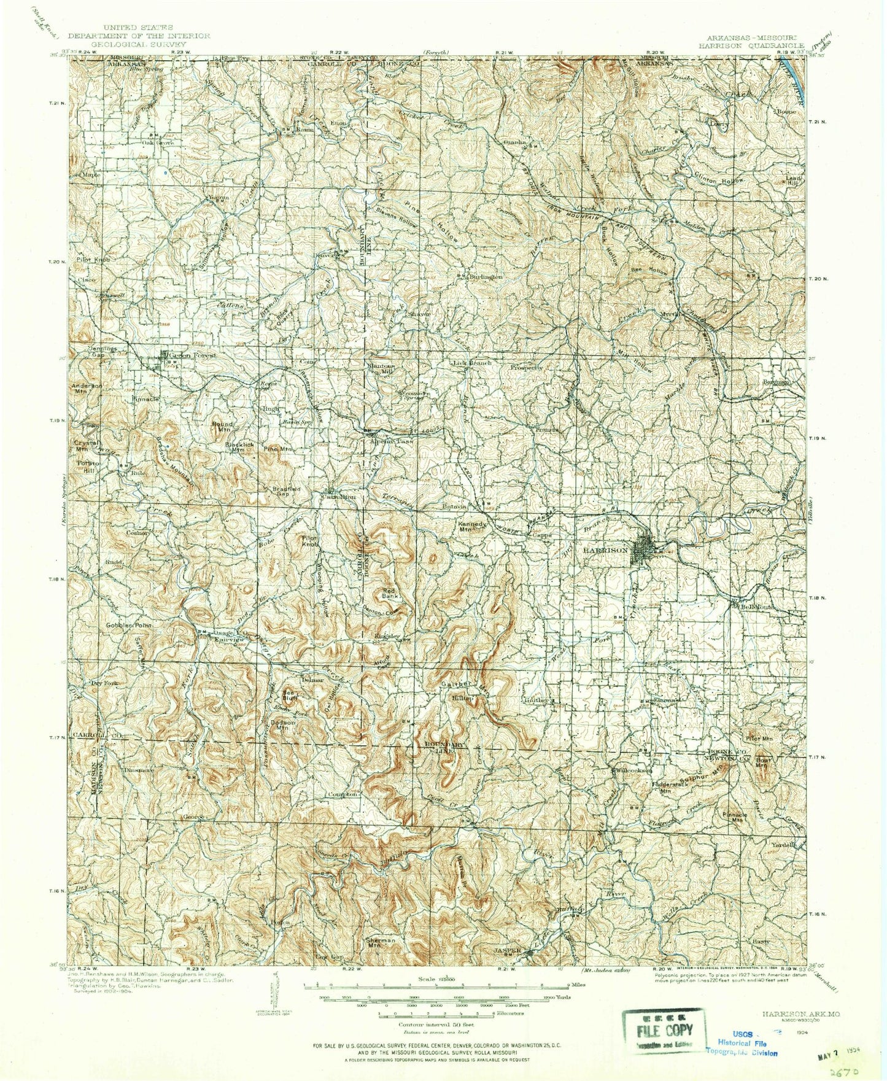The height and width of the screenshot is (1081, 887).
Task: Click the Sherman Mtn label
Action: tap(380, 943)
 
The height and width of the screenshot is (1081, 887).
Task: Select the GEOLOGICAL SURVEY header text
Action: tap(139, 44)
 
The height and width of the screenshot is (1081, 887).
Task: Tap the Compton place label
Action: tap(343, 794)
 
